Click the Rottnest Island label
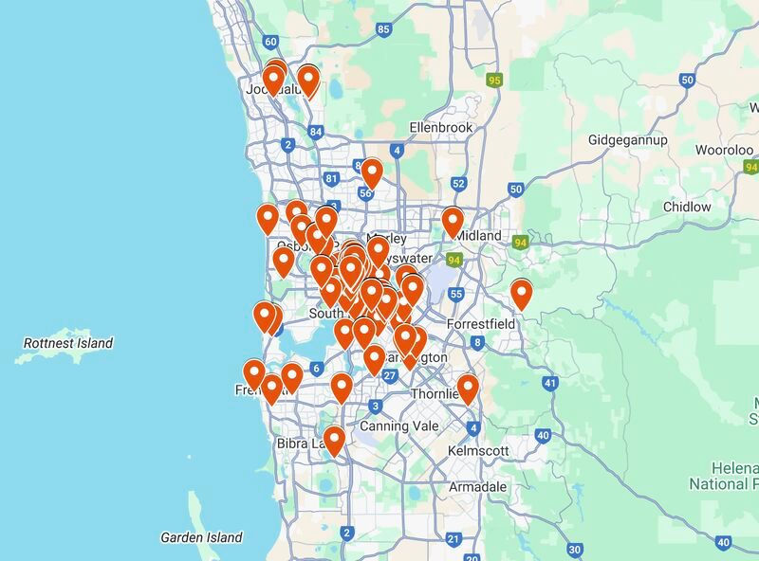tap(68, 343)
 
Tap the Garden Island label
tap(201, 537)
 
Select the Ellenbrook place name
tap(440, 127)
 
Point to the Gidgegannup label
tap(628, 140)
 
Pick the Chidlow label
tap(687, 207)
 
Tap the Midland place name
tap(477, 235)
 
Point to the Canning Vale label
tap(398, 425)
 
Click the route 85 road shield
tap(383, 29)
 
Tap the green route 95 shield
tap(494, 81)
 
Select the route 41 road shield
tap(550, 383)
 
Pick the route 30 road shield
tap(575, 549)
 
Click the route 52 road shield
tap(459, 184)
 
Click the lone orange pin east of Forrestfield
tap(521, 294)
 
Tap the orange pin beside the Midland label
tap(453, 222)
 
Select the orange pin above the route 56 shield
tap(372, 172)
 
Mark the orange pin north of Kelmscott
tap(468, 389)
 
